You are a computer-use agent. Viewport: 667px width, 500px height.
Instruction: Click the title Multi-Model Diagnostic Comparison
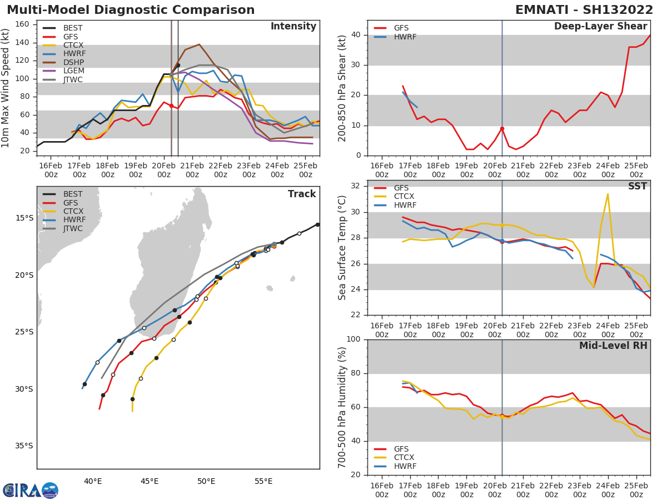[131, 10]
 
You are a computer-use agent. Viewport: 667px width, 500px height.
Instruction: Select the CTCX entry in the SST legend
[404, 197]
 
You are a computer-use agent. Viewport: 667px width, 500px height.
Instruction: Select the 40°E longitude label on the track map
[92, 481]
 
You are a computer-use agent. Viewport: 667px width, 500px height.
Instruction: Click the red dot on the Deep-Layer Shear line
[502, 128]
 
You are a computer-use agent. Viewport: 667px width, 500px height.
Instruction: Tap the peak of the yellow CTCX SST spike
[608, 194]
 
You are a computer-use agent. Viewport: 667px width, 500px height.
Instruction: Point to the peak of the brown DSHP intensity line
[199, 44]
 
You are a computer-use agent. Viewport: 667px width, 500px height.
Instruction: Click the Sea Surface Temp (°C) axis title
[342, 248]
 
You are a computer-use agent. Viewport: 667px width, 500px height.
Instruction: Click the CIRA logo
[30, 490]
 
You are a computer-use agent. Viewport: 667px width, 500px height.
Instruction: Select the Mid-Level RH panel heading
[613, 346]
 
